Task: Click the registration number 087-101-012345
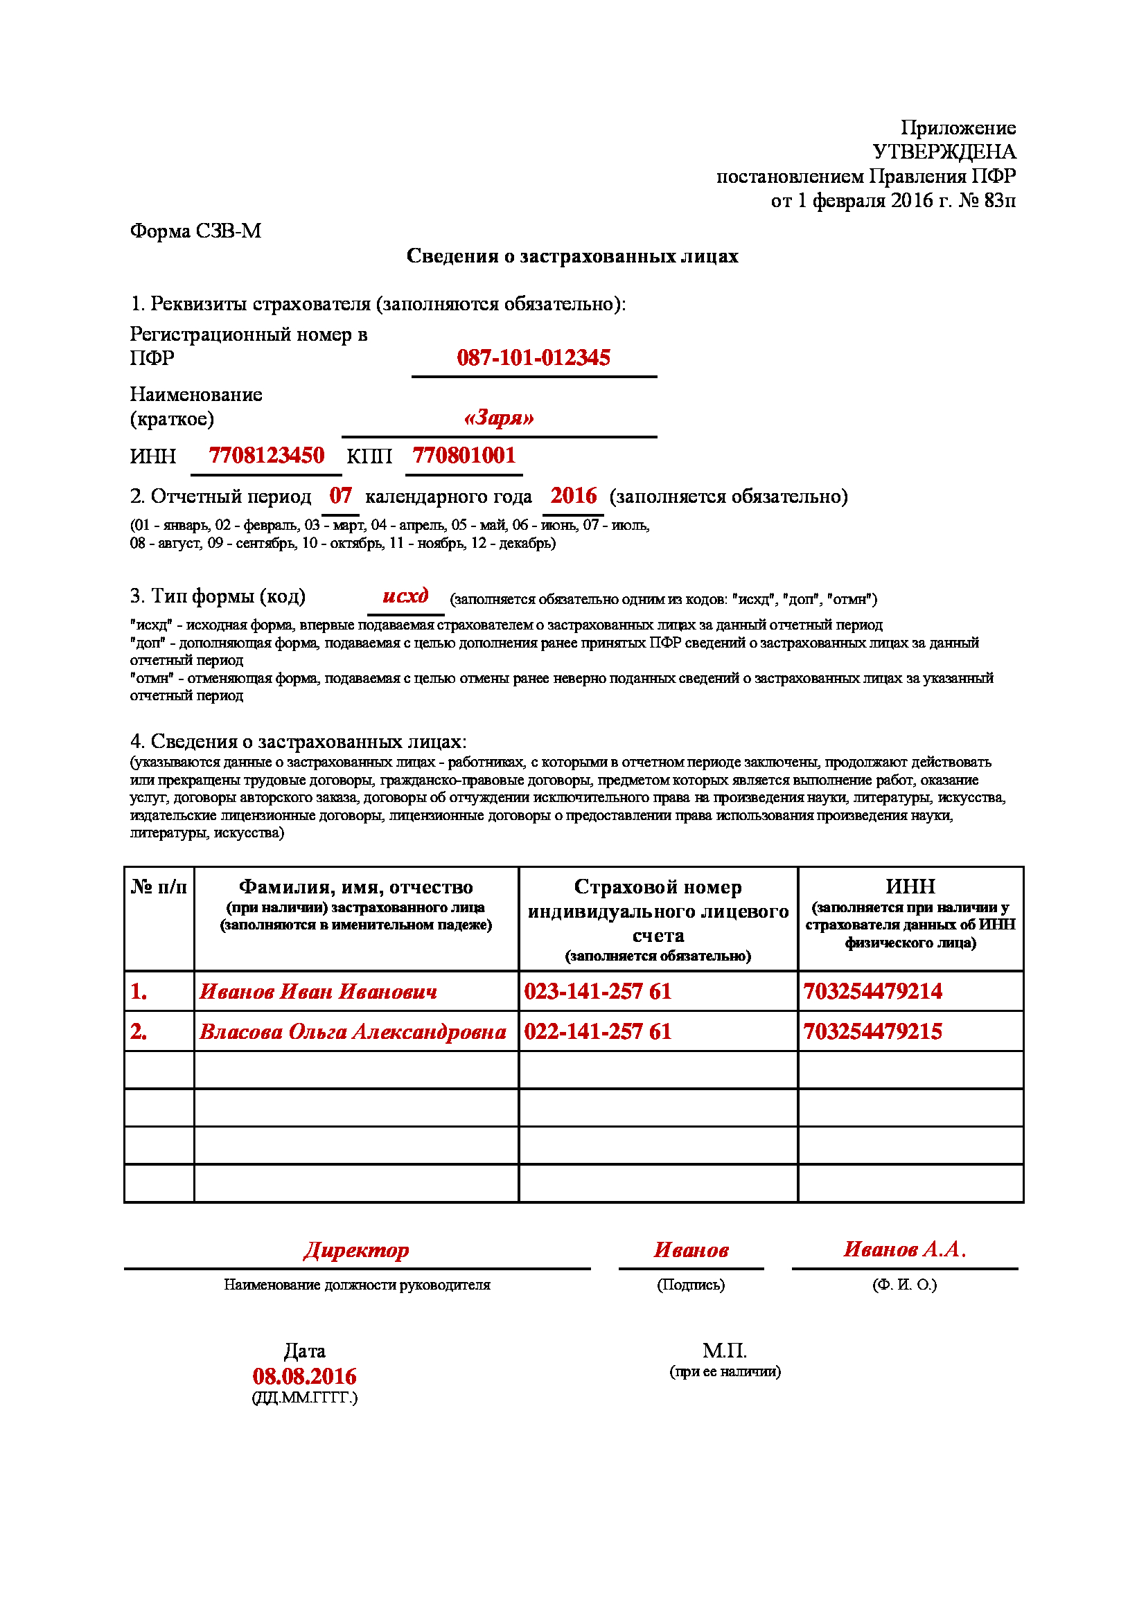point(533,357)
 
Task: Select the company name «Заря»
point(498,418)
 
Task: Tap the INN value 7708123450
point(266,455)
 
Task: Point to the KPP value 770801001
point(464,455)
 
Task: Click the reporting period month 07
point(340,495)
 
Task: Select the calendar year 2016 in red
point(573,495)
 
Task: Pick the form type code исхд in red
point(405,596)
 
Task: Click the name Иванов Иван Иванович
point(317,991)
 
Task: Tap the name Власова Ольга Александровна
point(352,1031)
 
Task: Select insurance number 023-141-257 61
point(597,991)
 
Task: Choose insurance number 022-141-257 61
point(597,1031)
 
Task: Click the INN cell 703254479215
point(872,1031)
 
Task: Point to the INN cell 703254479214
point(872,991)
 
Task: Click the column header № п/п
point(159,887)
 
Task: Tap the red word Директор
point(356,1249)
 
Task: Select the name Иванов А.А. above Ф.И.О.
point(905,1249)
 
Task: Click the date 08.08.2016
point(304,1376)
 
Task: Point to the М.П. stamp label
point(724,1351)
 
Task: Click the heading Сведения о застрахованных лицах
point(572,256)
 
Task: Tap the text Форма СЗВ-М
point(195,231)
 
